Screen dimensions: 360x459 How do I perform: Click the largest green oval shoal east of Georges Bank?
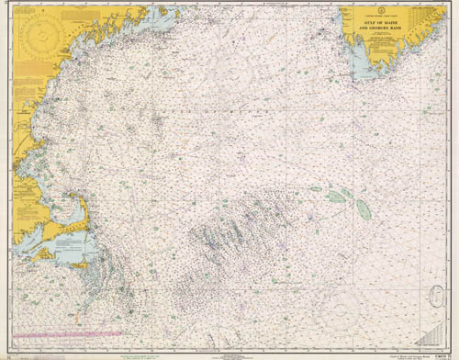pyautogui.click(x=362, y=209)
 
